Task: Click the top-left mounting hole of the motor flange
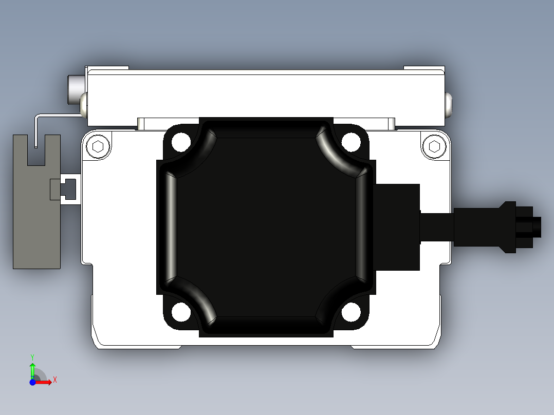click(181, 142)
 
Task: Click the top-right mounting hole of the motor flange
click(351, 142)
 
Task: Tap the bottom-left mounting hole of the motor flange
click(181, 312)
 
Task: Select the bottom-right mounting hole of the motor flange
click(351, 312)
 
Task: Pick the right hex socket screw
click(434, 147)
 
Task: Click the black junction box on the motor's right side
click(398, 227)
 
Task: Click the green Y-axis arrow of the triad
click(32, 369)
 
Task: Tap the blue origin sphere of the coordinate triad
click(32, 382)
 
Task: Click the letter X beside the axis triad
click(55, 380)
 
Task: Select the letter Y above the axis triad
click(32, 356)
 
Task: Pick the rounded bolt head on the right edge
click(450, 104)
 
